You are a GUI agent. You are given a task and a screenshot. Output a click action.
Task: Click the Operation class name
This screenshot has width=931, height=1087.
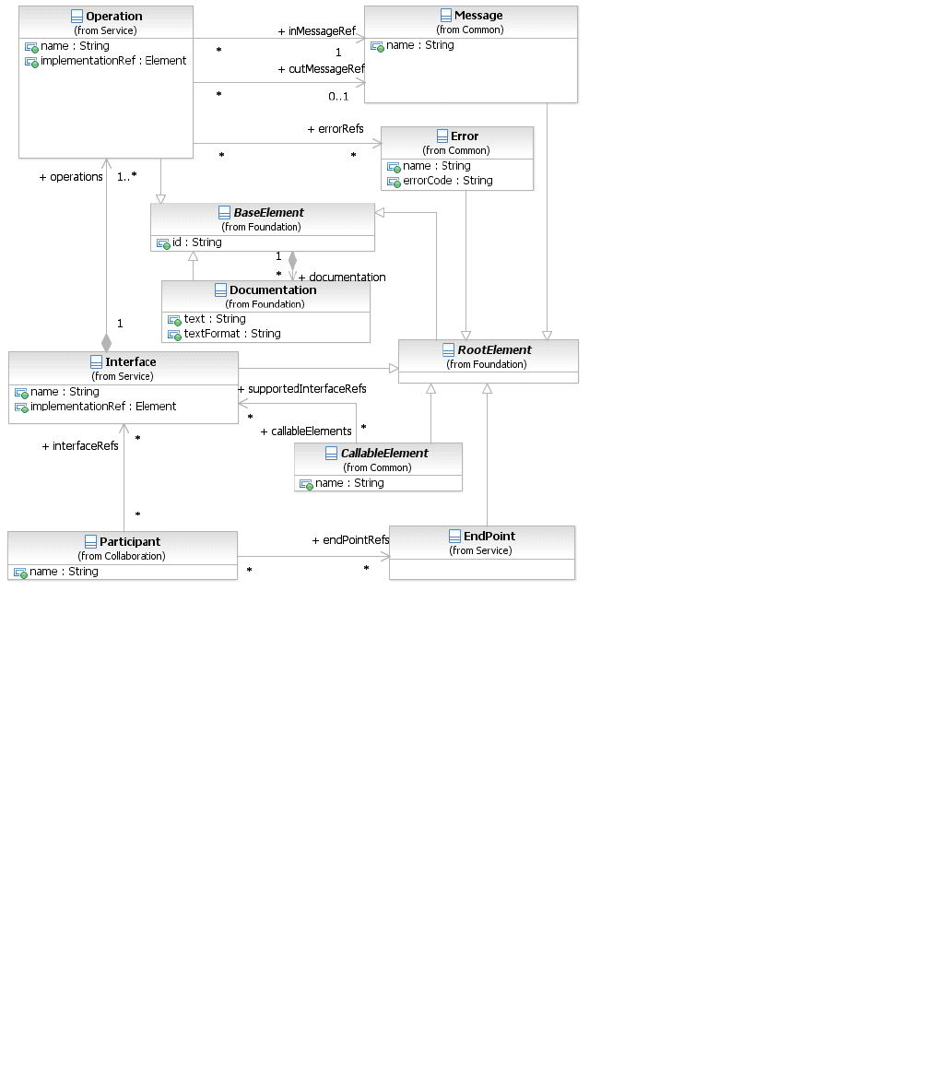[113, 17]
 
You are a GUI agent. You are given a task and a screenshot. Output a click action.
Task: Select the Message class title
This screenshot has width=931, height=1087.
[478, 16]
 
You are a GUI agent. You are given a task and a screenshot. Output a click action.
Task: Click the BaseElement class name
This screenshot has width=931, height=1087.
[268, 213]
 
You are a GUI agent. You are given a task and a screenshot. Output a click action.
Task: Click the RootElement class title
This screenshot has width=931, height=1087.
[494, 350]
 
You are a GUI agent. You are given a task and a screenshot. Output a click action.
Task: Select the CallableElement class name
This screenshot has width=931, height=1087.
[384, 454]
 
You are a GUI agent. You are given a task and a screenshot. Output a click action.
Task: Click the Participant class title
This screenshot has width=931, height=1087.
[130, 542]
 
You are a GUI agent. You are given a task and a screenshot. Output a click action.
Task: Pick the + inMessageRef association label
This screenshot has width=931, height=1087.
[316, 31]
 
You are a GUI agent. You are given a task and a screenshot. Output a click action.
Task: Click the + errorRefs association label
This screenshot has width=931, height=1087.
[336, 129]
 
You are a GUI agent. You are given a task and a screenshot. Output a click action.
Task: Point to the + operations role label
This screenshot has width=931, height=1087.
[71, 177]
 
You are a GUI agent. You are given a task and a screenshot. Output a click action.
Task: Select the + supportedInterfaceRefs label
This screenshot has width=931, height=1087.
[302, 389]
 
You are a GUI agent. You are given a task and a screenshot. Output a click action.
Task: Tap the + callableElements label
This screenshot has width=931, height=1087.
[306, 431]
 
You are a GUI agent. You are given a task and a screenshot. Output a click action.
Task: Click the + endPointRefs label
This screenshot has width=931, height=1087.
[350, 540]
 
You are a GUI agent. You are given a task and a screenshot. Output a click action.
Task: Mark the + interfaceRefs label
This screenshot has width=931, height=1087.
[80, 446]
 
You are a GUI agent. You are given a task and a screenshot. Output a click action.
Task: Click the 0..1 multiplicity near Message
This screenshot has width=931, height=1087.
[338, 97]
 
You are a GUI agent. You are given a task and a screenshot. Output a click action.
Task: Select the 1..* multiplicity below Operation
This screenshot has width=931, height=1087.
[127, 176]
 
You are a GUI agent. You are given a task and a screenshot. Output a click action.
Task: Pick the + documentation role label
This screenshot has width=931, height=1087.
[342, 278]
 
